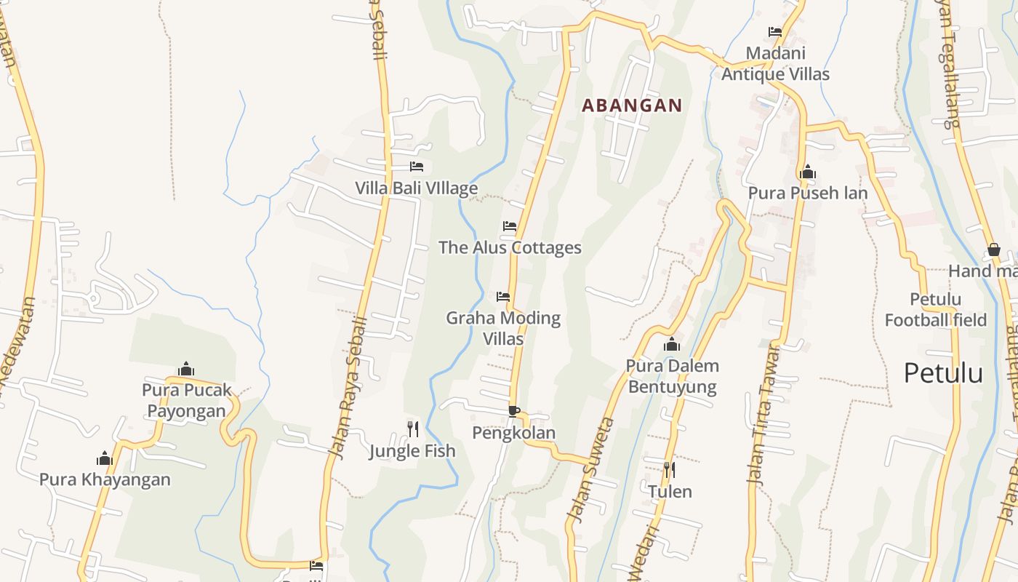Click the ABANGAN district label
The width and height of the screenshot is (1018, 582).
(632, 105)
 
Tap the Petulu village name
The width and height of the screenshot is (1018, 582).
(943, 373)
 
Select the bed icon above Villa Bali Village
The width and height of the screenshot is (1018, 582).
(417, 167)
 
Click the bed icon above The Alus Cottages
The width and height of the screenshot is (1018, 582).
(510, 226)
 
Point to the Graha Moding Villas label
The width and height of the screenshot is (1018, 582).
(503, 328)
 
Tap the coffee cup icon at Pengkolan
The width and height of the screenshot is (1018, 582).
(514, 411)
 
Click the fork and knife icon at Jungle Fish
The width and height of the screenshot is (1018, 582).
(412, 428)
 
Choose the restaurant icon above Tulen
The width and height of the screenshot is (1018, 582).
(669, 469)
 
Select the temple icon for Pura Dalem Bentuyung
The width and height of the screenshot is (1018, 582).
(672, 343)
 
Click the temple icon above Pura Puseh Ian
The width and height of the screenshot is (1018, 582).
(807, 172)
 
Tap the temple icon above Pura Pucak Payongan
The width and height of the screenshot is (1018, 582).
(186, 369)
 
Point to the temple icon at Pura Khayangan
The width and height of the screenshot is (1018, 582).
(105, 458)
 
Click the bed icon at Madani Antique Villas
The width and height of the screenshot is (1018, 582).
(775, 32)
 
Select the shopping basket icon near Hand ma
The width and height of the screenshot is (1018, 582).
(994, 250)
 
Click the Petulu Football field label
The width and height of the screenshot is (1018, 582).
(935, 310)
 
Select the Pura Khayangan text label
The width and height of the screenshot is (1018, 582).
(105, 479)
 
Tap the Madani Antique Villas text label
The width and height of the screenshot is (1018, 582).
(775, 63)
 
